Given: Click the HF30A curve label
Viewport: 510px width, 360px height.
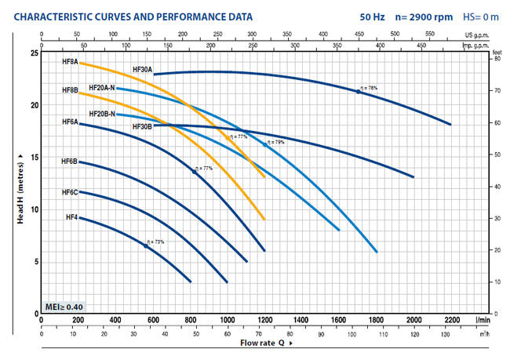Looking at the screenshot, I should tap(142, 69).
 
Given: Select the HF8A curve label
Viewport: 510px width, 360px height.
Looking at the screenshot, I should tap(70, 61).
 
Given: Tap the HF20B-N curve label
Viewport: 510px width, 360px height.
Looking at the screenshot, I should tap(102, 114).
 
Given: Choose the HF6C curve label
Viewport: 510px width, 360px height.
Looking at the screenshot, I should tap(69, 192).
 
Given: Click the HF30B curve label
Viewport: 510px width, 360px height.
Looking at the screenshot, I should tap(142, 126).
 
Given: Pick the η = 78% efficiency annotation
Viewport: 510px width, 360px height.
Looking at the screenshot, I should tap(369, 88).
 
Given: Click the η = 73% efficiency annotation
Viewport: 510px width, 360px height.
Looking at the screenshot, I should tap(155, 242).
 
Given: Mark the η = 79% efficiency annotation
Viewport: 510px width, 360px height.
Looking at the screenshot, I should tap(275, 142).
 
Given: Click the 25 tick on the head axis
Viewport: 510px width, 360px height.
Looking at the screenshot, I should tap(33, 53).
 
